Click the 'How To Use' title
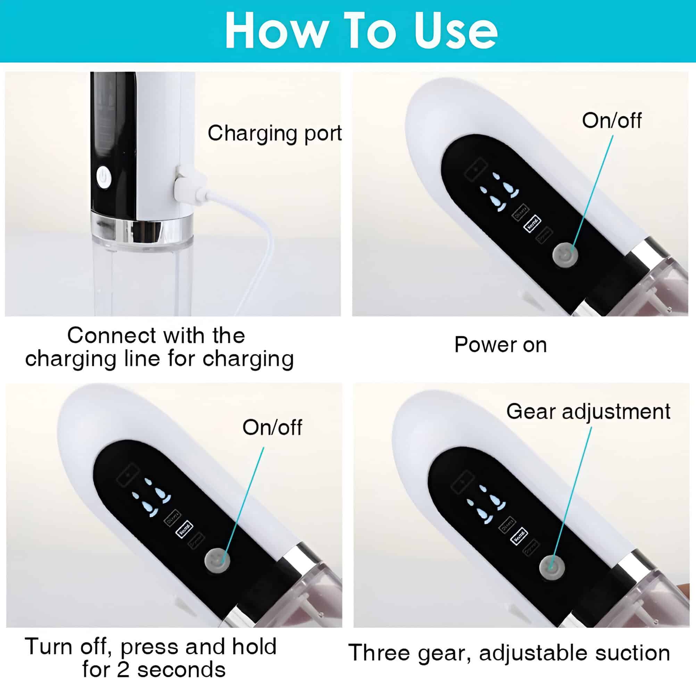click(361, 31)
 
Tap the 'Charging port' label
click(274, 133)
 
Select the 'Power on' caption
click(500, 345)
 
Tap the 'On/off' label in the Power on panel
click(611, 120)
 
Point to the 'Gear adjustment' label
click(588, 411)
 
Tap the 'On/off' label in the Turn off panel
click(272, 427)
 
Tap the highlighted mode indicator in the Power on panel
click(532, 224)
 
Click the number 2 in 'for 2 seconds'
click(123, 670)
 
